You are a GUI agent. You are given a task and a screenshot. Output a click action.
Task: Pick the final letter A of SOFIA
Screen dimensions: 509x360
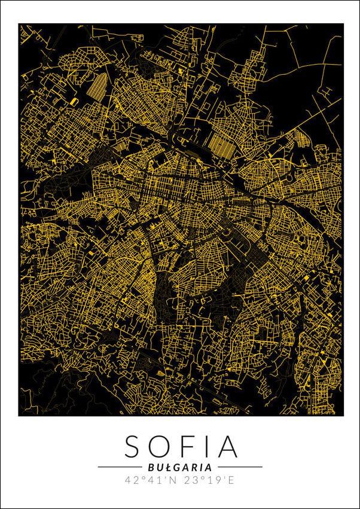point(227,447)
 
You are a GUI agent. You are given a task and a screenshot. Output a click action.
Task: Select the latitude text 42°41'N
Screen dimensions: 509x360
point(150,480)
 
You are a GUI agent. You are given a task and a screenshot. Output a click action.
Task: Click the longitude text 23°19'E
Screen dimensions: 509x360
point(210,480)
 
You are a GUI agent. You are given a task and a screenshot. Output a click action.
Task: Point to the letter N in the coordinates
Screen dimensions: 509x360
point(172,480)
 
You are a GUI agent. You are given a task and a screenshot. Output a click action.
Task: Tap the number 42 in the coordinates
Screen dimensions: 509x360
point(132,480)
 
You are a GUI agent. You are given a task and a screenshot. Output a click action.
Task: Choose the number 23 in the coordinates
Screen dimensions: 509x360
point(192,480)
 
